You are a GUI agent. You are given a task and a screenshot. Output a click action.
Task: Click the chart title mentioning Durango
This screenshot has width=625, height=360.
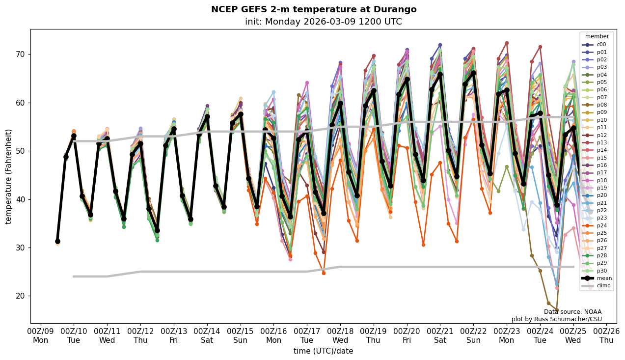click(x=313, y=9)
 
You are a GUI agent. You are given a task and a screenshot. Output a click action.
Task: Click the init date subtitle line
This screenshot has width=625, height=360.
click(x=323, y=22)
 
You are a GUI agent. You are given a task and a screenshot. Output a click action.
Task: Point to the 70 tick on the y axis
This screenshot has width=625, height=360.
click(x=20, y=54)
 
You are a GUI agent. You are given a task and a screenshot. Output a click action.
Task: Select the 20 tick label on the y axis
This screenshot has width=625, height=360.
click(x=20, y=296)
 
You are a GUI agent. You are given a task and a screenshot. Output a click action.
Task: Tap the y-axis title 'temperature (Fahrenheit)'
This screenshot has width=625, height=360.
click(x=8, y=176)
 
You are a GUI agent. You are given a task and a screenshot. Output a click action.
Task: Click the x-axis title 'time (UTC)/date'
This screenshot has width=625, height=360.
click(x=323, y=351)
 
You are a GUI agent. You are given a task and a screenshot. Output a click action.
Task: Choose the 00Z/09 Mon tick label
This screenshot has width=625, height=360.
click(x=41, y=335)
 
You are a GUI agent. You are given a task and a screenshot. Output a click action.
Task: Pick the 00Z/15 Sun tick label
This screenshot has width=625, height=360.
click(x=240, y=335)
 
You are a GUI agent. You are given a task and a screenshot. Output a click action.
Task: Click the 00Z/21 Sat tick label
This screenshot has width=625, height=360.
click(x=440, y=335)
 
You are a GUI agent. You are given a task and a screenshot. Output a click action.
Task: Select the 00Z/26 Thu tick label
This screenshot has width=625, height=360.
click(x=606, y=335)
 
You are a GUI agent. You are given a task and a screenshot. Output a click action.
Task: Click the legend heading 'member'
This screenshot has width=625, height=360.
click(x=597, y=36)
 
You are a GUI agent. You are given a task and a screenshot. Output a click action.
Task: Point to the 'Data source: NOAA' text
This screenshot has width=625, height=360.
click(x=572, y=312)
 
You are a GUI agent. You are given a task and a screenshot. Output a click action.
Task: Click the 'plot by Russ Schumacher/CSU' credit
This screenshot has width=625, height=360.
click(x=556, y=319)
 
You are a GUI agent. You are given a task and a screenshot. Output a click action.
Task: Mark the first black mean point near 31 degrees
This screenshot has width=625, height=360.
click(x=57, y=241)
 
